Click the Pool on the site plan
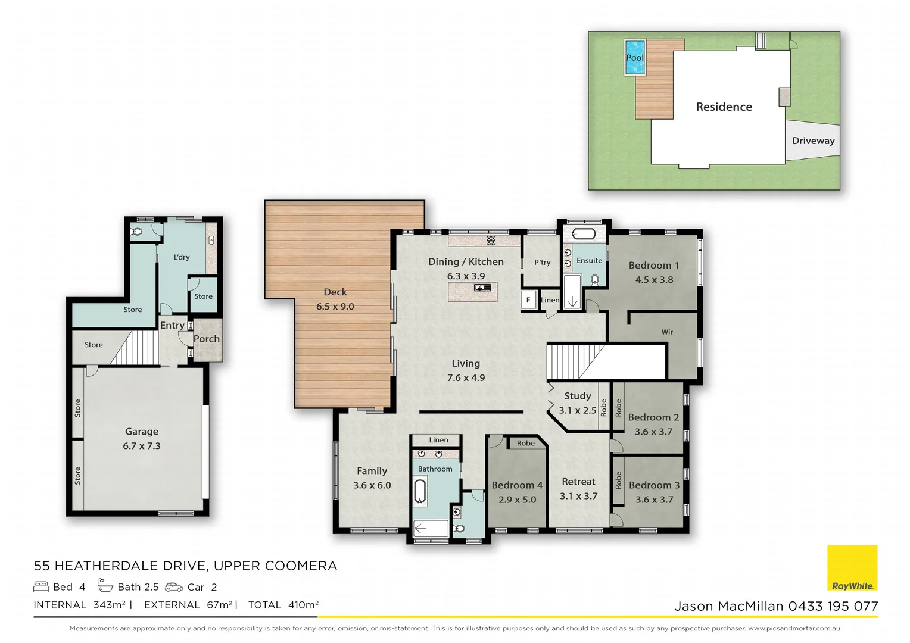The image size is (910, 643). [x=635, y=58]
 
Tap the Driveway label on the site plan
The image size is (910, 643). [x=813, y=141]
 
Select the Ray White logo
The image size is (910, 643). [x=852, y=568]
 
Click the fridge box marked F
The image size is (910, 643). [x=528, y=300]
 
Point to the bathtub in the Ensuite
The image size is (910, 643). [x=583, y=234]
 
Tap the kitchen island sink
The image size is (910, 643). [x=482, y=288]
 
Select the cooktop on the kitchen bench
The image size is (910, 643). [x=491, y=241]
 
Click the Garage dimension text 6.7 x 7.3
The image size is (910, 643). [x=142, y=446]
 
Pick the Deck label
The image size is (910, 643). [x=335, y=292]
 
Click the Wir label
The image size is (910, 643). [x=667, y=332]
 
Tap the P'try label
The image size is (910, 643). [x=542, y=263]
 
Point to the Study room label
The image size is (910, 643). [x=577, y=396]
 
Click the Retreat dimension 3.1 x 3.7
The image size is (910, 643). [x=578, y=496]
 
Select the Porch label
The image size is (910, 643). [x=207, y=339]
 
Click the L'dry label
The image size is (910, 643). [x=182, y=257]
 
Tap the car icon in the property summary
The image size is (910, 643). [x=174, y=587]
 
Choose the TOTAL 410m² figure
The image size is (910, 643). [x=283, y=605]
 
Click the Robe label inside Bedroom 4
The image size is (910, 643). [x=525, y=443]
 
